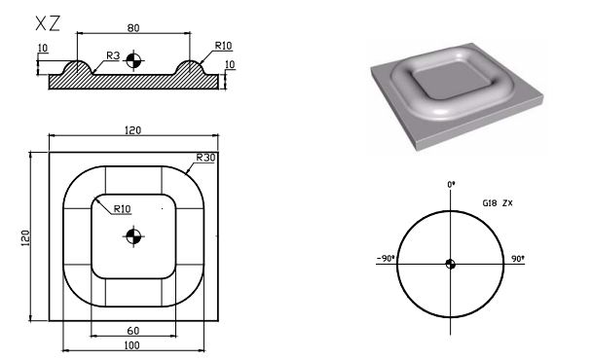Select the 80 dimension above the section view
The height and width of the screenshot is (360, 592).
(x=132, y=26)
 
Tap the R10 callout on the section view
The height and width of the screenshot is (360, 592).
(x=225, y=45)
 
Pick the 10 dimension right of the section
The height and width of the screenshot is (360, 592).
(x=230, y=66)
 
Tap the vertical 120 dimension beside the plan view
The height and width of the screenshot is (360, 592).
(x=26, y=236)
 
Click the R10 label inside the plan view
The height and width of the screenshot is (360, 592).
(x=123, y=208)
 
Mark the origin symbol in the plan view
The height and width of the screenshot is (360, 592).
(x=133, y=235)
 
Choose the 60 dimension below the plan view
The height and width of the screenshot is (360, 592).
(x=132, y=331)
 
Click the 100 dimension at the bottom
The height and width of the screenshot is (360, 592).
(x=132, y=344)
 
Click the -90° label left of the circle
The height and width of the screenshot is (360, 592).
(x=383, y=259)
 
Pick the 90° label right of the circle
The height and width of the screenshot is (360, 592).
(x=517, y=260)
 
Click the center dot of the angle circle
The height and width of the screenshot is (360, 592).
(x=450, y=263)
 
